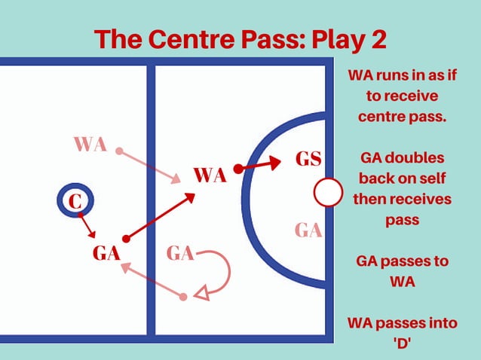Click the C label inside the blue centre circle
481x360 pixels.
pos(74,202)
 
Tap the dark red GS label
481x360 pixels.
pos(308,160)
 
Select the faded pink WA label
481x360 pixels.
pos(90,144)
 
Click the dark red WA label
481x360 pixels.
pos(210,176)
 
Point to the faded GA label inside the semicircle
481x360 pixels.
pos(308,230)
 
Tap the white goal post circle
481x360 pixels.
pos(328,192)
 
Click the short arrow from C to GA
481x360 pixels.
pos(87,226)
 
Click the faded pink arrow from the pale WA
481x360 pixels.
pos(149,166)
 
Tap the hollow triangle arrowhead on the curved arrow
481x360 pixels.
pos(201,293)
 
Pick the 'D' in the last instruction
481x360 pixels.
pos(406,343)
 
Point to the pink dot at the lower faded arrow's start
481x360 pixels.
pos(182,297)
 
